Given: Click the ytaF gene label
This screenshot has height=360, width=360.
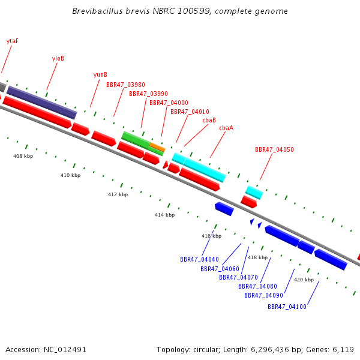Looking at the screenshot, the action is [x=13, y=41].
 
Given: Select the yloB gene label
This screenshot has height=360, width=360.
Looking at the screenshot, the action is [x=58, y=59].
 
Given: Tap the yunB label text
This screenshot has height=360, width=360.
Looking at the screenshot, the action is [x=100, y=75].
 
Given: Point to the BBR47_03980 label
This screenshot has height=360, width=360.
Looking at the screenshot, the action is [x=125, y=85].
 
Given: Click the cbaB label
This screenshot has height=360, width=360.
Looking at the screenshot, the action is [x=209, y=120].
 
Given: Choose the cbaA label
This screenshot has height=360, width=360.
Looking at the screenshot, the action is [x=226, y=128].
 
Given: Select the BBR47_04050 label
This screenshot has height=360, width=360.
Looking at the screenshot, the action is [x=274, y=149].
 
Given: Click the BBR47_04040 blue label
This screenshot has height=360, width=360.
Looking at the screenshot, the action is [x=199, y=259].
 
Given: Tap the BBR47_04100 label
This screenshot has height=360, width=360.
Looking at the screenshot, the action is [x=287, y=307].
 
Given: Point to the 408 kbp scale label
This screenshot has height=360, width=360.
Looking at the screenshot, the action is [x=23, y=156].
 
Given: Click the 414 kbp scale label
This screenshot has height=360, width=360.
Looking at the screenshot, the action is [x=164, y=215].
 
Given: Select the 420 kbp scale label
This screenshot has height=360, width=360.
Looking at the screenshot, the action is [x=304, y=280].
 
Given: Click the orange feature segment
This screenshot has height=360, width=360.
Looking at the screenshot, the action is [x=157, y=147].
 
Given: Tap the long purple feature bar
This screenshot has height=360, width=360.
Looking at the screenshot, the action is [x=42, y=103].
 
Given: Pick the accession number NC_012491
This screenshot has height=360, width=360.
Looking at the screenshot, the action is [x=65, y=350].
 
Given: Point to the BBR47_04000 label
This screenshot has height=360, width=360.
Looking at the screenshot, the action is [x=169, y=103].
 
